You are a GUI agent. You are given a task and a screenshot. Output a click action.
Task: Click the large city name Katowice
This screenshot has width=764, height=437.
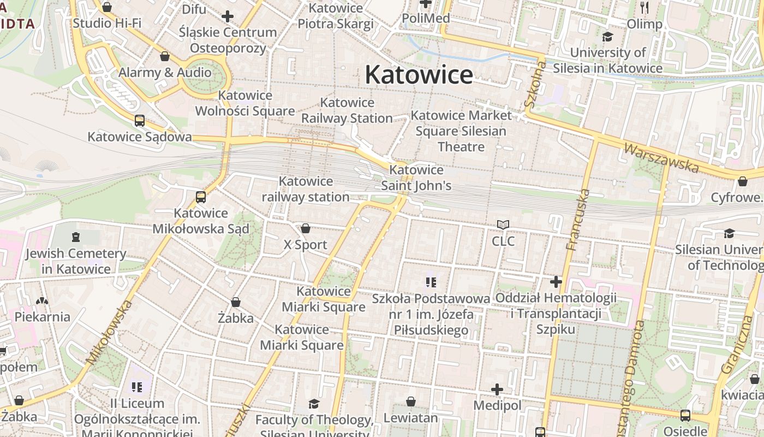419,75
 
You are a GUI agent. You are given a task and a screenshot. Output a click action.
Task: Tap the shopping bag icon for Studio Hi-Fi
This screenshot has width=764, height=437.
107,7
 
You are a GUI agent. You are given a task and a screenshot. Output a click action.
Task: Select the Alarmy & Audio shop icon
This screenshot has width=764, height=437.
165,56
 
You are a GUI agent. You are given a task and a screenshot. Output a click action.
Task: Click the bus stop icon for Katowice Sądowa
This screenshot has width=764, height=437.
140,121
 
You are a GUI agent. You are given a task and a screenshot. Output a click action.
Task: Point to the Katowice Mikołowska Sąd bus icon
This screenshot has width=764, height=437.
201,197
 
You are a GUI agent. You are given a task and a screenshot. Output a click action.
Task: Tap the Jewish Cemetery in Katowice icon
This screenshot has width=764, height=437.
75,237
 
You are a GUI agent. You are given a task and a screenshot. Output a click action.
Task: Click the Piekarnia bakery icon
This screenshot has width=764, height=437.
42,300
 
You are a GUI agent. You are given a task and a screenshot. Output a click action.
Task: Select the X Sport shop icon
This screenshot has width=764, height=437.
306,228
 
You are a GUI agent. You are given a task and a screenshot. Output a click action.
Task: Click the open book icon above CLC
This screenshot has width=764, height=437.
503,225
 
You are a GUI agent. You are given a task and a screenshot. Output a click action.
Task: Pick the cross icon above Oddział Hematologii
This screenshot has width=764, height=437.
556,282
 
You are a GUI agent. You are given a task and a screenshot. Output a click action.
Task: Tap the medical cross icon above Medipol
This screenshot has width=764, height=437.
497,389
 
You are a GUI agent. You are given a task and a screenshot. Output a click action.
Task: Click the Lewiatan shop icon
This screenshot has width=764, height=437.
411,402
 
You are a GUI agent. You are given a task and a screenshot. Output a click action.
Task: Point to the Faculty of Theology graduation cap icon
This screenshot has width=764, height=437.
314,404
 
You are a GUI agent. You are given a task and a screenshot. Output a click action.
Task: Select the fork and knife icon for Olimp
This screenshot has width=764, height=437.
644,8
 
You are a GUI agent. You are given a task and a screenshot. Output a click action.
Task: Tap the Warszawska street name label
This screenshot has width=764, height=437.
661,157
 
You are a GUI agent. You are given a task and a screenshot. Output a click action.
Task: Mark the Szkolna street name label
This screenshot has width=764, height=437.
535,85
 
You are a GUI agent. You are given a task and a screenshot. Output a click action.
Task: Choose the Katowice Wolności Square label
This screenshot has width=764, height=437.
245,103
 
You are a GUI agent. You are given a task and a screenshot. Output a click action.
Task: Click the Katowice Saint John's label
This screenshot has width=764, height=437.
416,178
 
